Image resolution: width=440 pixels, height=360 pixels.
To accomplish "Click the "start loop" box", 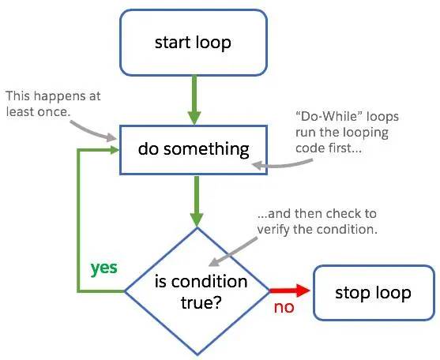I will point(194,41).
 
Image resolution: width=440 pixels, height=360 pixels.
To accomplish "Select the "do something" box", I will point(194,148).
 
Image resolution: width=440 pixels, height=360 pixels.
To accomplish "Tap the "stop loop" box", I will point(374,294).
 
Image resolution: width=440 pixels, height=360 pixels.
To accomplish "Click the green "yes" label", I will point(103,268).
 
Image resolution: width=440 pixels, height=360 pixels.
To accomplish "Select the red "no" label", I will point(284,307).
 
